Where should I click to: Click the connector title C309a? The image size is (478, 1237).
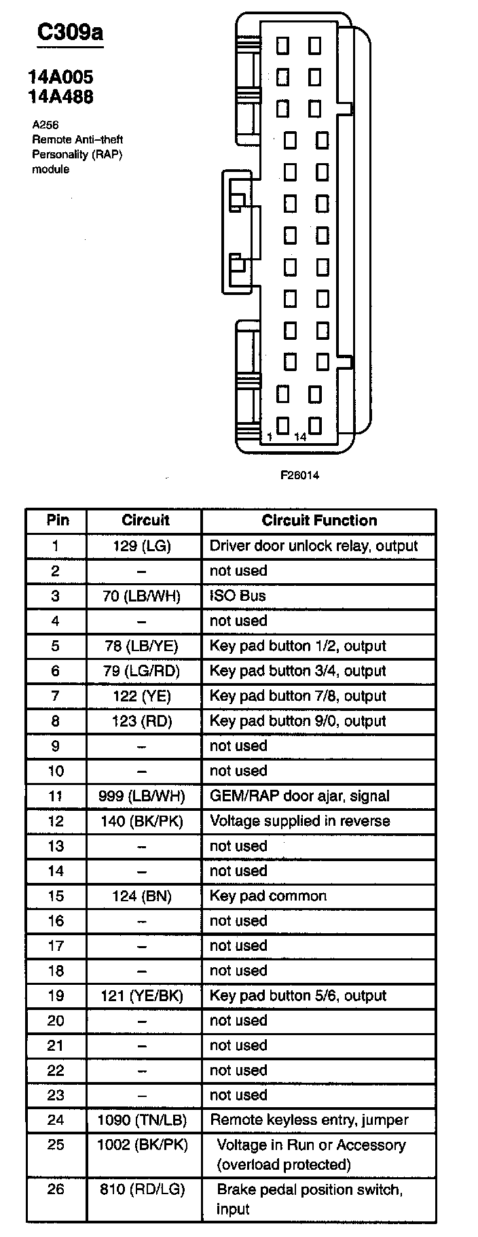[69, 33]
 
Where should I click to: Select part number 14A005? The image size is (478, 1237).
[61, 77]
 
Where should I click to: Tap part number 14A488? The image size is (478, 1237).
[61, 97]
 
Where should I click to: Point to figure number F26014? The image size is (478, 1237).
[299, 475]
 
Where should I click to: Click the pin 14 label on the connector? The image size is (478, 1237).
[300, 437]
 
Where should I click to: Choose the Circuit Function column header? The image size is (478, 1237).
[319, 521]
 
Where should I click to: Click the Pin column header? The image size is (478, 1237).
[58, 521]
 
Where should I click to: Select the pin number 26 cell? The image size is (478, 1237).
[56, 1189]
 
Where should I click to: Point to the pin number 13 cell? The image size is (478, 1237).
[56, 846]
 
